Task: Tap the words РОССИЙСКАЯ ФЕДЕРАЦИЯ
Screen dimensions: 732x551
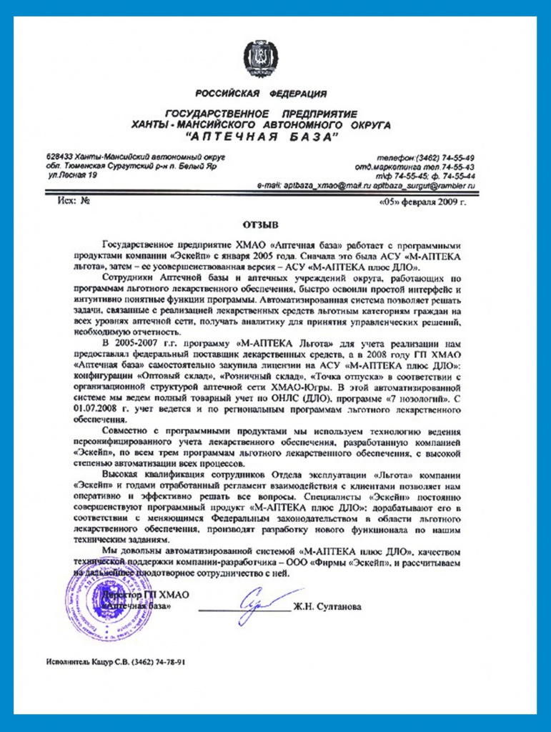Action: pos(261,93)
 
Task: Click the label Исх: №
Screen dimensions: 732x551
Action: pos(74,201)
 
